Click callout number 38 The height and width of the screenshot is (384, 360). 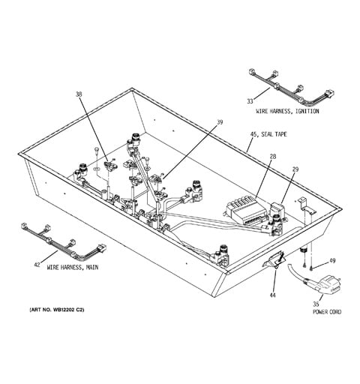[79, 94]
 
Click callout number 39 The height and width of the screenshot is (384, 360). [220, 122]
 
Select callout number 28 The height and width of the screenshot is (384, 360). [273, 157]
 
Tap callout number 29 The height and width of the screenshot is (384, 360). [295, 169]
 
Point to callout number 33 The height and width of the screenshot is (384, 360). [250, 101]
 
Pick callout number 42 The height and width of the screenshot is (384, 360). [37, 265]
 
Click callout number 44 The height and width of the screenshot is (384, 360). [272, 295]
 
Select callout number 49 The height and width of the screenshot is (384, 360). [332, 261]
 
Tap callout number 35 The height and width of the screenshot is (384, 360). [316, 304]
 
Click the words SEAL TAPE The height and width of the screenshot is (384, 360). [274, 134]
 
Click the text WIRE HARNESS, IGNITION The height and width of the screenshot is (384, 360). [287, 111]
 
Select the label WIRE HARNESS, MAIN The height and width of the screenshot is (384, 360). [73, 268]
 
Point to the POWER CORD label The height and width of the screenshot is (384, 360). [327, 312]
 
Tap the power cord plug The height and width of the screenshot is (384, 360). [328, 285]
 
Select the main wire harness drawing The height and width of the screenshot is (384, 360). [64, 242]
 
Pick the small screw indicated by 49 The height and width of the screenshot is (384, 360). [311, 268]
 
